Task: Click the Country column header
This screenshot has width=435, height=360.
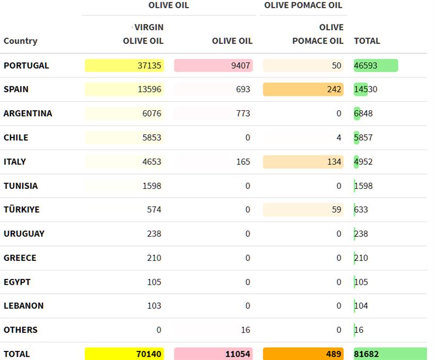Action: pos(20,41)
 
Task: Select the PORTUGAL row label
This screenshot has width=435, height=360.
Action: pos(26,65)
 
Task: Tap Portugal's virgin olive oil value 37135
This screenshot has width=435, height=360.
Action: pos(149,65)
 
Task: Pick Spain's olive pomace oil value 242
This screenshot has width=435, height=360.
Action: pos(334,89)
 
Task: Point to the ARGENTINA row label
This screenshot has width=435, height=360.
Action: pos(28,113)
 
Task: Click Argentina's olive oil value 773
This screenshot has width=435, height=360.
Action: pos(243,113)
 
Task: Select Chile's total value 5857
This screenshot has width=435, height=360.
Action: pos(363,137)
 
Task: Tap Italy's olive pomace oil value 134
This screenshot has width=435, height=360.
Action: pos(334,162)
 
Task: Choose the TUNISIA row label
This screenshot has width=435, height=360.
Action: pos(21,186)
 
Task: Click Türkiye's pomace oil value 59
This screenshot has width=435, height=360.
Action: pos(336,209)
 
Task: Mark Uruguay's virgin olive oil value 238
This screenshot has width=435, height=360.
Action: pos(154,234)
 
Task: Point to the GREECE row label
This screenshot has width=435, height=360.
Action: pos(20,258)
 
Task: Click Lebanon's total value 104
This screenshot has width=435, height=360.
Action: pos(361,306)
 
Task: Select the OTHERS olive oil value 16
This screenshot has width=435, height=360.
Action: pos(246,330)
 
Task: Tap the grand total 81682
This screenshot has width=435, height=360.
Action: pos(367,354)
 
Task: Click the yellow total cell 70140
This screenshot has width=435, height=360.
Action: pos(149,354)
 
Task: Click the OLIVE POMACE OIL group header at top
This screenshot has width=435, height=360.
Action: pos(303,5)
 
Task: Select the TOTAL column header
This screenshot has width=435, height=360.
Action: pos(367,41)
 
